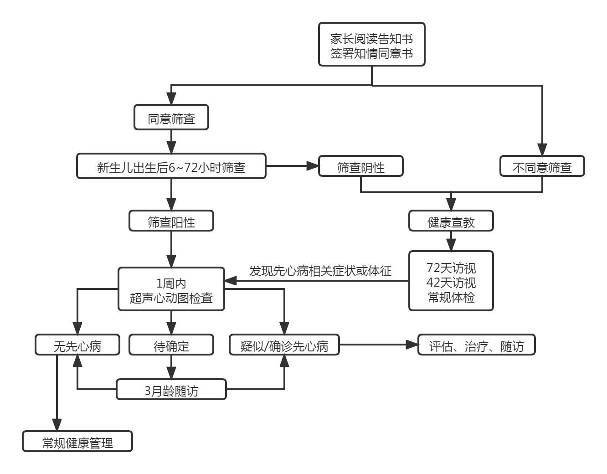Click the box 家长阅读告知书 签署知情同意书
(x=371, y=45)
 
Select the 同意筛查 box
(x=171, y=118)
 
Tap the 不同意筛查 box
(x=542, y=166)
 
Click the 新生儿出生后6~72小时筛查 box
(x=171, y=166)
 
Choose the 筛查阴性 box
(x=360, y=166)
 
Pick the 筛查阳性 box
(x=171, y=221)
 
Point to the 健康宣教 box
(x=451, y=221)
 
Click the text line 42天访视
(x=451, y=283)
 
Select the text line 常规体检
(x=451, y=297)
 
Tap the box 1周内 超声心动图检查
(x=171, y=289)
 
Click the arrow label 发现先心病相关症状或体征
(x=320, y=271)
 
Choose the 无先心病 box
(x=77, y=345)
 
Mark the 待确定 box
(x=171, y=345)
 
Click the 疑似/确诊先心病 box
(x=284, y=345)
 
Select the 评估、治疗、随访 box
(x=476, y=345)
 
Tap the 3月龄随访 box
(x=171, y=390)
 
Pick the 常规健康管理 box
(x=77, y=442)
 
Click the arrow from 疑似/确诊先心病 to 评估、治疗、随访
(x=378, y=345)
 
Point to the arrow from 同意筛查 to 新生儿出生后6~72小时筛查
(x=171, y=141)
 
